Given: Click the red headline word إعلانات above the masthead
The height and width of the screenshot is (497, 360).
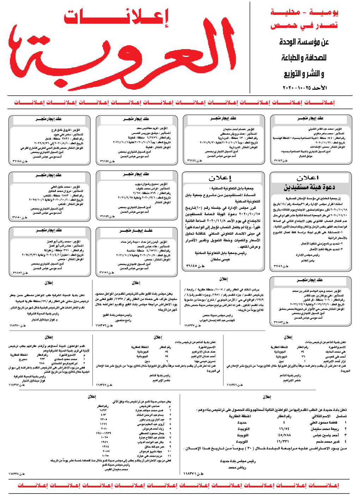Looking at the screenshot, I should (x=116, y=17).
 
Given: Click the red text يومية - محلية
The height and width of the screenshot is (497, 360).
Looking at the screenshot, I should (x=304, y=12).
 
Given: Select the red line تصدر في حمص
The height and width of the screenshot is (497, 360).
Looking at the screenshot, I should (x=304, y=25).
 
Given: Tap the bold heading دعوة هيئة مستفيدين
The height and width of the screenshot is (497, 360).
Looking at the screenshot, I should (x=310, y=187).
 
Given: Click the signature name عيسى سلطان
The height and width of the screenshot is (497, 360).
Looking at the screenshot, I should (x=220, y=259).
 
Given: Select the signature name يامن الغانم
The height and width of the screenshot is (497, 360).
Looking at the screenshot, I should (x=307, y=261).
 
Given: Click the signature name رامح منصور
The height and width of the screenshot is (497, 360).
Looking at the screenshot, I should (x=123, y=320).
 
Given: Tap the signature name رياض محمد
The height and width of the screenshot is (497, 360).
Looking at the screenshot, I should (x=237, y=467).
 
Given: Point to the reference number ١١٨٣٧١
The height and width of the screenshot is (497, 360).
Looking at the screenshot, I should (x=192, y=473).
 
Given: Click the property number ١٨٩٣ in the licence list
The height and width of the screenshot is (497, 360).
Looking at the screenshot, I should (x=103, y=410).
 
